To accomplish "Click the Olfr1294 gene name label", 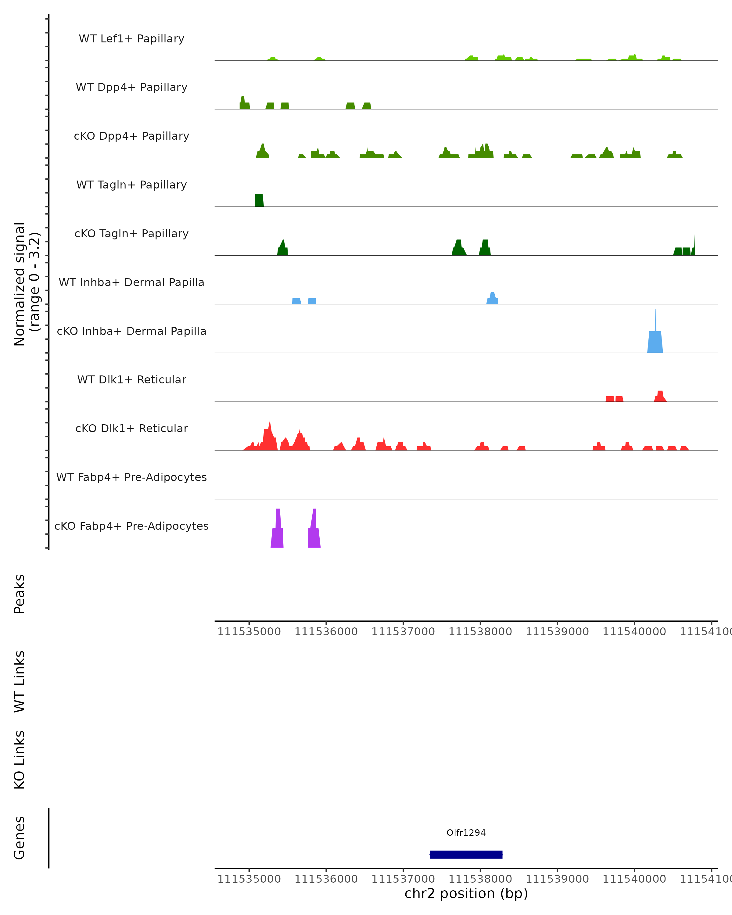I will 466,833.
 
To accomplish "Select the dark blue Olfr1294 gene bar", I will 466,855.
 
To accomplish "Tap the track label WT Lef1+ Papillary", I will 131,39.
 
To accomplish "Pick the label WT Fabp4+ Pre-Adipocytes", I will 131,477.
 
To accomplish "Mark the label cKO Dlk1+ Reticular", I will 131,428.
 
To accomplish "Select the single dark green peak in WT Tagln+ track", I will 259,200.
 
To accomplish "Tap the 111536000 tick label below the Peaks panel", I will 326,632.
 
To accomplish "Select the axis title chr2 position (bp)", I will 466,893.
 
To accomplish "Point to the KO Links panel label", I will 20,760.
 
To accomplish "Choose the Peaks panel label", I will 20,594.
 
